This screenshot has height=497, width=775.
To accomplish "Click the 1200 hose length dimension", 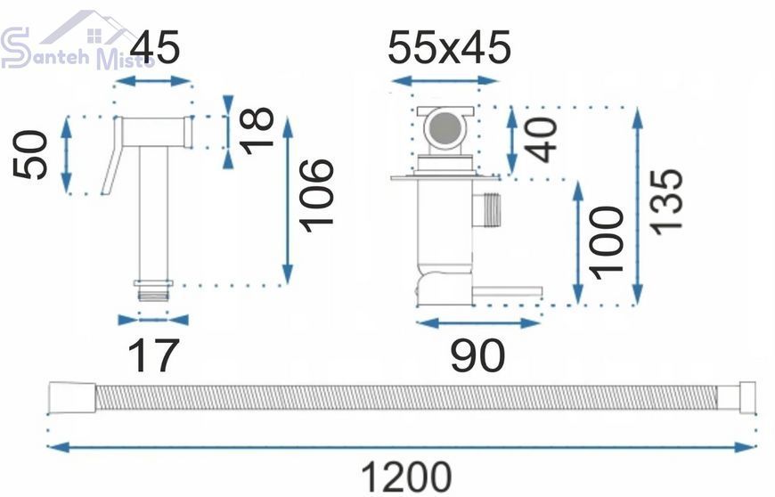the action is (x=406, y=477).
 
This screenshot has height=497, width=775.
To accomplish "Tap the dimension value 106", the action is (x=317, y=195).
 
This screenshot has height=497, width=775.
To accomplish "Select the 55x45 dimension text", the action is (x=448, y=47).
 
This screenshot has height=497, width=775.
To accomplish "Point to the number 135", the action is (x=665, y=200).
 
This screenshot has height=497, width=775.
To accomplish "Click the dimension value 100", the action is (x=608, y=242).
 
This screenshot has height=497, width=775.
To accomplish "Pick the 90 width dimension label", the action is (x=477, y=355).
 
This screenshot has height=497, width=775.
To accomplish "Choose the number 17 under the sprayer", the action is (x=152, y=355).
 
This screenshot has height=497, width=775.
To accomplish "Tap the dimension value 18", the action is (x=257, y=130).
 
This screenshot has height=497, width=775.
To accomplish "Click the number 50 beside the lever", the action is (x=30, y=154).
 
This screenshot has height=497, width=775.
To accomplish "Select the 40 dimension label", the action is (x=541, y=140).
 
